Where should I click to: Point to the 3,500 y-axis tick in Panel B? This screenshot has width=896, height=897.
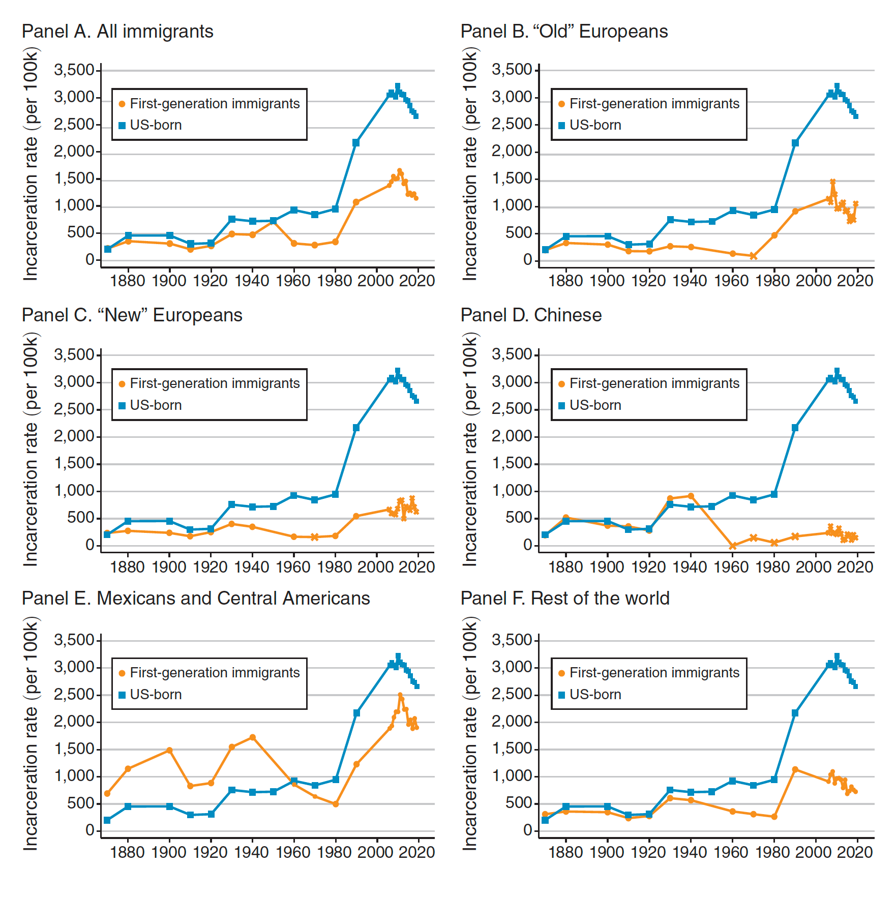(x=512, y=70)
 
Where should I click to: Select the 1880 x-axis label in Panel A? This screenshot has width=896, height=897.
(x=128, y=281)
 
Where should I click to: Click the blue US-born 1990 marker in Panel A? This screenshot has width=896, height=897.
(x=356, y=143)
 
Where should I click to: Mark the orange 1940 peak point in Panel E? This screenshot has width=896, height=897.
(x=253, y=737)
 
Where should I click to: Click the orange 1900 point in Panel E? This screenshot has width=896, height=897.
(x=169, y=750)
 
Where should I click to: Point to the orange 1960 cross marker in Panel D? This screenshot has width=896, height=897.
(x=733, y=546)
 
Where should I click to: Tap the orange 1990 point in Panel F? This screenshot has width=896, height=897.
(x=795, y=769)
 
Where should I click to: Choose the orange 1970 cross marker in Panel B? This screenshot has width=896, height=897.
(x=754, y=256)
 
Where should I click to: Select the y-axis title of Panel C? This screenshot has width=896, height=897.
(x=31, y=450)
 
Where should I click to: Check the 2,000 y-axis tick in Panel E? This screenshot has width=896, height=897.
(x=74, y=722)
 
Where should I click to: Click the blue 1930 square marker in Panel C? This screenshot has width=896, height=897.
(x=232, y=504)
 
